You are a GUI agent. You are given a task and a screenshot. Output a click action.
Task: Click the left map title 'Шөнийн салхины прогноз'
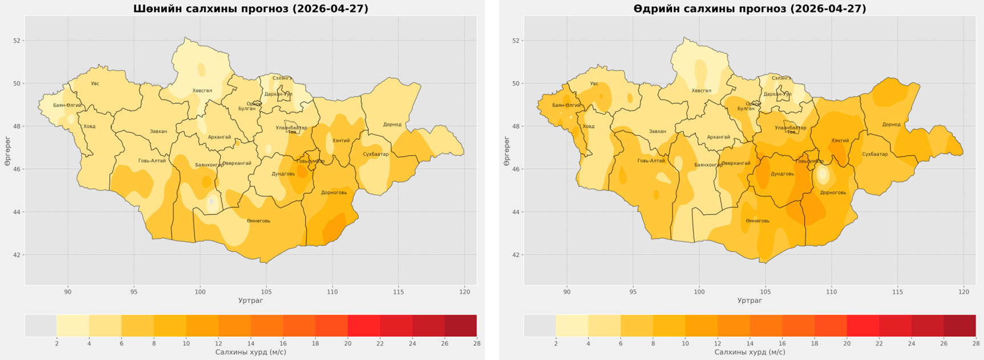coord(250,9)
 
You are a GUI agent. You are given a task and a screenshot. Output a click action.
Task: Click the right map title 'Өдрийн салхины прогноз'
coord(750,9)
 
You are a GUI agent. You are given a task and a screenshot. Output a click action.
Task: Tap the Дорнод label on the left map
coord(392,124)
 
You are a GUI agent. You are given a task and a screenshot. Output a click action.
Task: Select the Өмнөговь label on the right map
coord(758,221)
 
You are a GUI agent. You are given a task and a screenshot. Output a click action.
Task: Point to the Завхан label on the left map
coord(159,132)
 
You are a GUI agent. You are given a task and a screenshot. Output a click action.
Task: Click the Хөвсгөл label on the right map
coord(701,91)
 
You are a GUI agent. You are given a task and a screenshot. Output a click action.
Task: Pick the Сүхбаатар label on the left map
coord(376,155)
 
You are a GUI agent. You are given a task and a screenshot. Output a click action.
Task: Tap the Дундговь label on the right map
coord(782,174)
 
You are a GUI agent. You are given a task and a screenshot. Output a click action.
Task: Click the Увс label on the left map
coord(95,84)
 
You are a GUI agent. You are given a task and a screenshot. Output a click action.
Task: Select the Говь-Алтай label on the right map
coord(651,161)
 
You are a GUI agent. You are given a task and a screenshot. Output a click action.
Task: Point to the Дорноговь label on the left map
coord(334,193)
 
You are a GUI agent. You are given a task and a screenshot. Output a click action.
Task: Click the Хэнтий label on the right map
coord(840,141)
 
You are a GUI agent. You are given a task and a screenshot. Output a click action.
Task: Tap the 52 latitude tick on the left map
coord(17,41)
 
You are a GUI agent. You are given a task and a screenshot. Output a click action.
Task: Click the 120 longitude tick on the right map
coord(963,292)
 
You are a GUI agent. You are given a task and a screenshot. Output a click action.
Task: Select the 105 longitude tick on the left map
coord(266,292)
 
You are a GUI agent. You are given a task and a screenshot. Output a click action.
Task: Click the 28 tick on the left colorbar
coord(476,343)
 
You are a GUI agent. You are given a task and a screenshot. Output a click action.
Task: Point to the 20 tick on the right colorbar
coord(847,343)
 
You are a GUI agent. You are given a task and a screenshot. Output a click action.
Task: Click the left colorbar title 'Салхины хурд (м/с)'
coord(250,353)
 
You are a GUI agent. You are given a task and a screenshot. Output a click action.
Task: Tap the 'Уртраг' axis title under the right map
coord(750,301)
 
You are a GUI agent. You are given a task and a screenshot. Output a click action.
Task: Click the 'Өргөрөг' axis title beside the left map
coord(7,151)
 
